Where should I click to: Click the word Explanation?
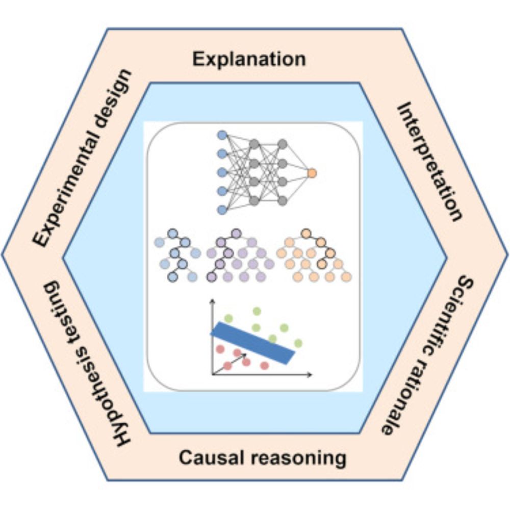(x=249, y=59)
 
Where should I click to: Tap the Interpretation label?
(x=430, y=160)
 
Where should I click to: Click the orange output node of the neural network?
(x=312, y=173)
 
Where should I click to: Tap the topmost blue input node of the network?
(x=222, y=135)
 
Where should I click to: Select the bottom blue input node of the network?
(x=222, y=209)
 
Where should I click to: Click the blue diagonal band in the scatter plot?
(x=253, y=343)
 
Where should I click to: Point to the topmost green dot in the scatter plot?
(x=257, y=311)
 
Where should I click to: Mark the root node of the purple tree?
(x=236, y=234)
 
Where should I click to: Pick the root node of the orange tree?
(x=306, y=234)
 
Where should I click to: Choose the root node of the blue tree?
(x=172, y=234)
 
